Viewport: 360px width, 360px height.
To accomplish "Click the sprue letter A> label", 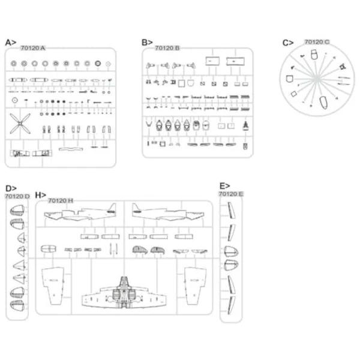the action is click(11, 43).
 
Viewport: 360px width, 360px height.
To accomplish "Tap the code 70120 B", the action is click(167, 48).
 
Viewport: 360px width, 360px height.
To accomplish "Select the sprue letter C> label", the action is click(288, 43).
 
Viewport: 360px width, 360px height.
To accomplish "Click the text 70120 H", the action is click(61, 200).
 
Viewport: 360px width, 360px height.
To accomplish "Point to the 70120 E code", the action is click(231, 194).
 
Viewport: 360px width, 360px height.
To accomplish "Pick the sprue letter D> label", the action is click(11, 188).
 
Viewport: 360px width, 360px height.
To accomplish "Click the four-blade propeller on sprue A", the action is click(20, 124).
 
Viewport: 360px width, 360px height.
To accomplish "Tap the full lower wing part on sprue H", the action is click(124, 292).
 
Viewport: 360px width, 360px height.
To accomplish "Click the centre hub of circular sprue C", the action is click(317, 79).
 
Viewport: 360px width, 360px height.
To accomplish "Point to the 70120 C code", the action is click(317, 42).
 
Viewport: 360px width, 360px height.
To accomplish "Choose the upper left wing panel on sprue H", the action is click(53, 286).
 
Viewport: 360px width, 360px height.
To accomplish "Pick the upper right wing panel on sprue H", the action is click(196, 286).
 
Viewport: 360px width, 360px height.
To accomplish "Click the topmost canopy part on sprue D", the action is click(17, 211).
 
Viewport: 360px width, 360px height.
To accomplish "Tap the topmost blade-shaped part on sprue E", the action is click(231, 211).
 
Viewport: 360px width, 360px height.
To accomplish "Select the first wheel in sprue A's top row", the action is click(14, 64).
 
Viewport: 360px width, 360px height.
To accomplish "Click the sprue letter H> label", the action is click(41, 195).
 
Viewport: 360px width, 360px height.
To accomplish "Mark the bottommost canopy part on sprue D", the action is click(17, 305).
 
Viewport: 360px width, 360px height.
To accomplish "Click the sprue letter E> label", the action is click(225, 186).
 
